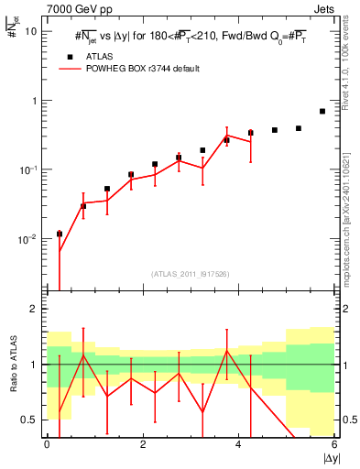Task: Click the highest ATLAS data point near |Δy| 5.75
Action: (x=322, y=112)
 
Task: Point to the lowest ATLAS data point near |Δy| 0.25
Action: (x=60, y=234)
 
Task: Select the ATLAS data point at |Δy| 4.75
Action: (x=275, y=130)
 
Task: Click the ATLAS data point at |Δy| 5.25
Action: (x=299, y=128)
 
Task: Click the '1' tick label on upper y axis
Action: (x=34, y=101)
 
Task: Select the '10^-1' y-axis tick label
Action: (x=27, y=169)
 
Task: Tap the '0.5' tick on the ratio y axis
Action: (x=29, y=420)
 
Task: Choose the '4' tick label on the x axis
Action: (x=239, y=445)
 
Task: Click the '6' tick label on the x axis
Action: (x=334, y=445)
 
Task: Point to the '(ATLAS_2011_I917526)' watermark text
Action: (x=191, y=274)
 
